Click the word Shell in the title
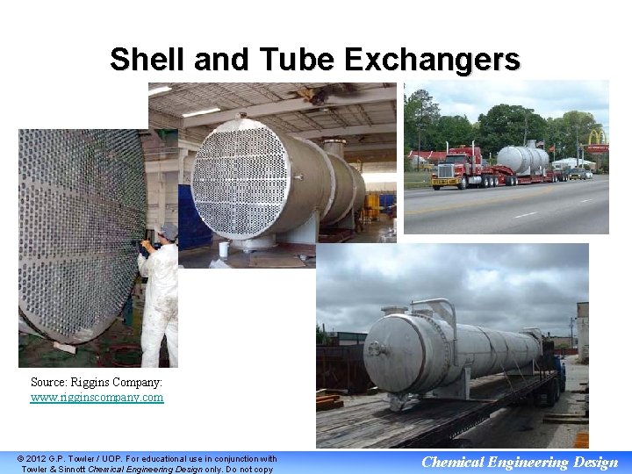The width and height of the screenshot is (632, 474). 146,60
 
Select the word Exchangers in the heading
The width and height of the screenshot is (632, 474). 432,60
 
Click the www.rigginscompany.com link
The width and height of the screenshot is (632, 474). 97,398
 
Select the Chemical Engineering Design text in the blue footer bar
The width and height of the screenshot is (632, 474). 520,463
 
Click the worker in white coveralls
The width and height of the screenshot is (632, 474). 162,298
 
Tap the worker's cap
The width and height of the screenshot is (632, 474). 169,230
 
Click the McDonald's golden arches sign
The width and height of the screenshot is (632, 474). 597,138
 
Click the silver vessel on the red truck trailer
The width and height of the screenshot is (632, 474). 522,159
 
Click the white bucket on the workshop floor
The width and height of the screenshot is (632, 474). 224,249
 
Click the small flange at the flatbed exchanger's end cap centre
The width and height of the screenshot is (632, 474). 377,349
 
